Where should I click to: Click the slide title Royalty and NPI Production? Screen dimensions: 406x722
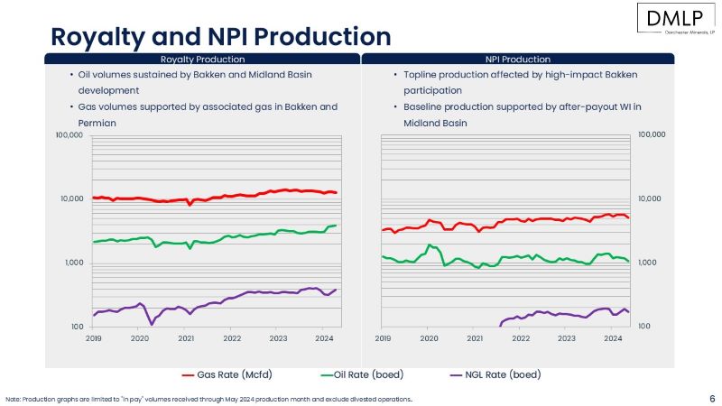(220, 36)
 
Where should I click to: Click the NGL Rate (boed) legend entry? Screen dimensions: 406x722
(496, 374)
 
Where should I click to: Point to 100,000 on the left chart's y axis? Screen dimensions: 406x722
(69, 134)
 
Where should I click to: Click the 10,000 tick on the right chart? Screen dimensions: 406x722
(651, 198)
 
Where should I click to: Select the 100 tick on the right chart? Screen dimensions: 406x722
(644, 327)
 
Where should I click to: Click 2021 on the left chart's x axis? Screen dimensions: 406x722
(186, 338)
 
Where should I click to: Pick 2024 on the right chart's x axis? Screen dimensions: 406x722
(613, 338)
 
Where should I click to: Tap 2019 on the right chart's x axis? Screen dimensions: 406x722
(383, 338)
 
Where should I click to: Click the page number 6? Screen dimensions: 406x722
(711, 397)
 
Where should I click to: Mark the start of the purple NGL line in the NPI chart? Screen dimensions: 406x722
(500, 324)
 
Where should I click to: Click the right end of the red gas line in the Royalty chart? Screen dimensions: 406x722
(336, 192)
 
